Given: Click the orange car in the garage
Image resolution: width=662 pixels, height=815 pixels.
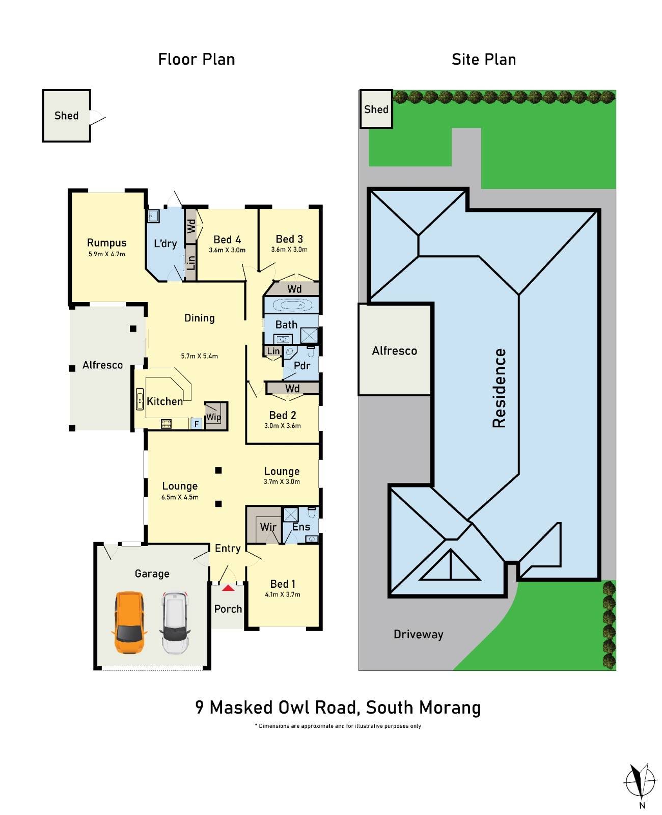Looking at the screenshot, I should pos(129,622).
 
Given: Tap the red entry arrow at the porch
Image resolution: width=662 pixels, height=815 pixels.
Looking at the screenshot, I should pos(228,588).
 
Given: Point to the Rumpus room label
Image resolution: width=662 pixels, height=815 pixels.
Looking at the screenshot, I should pos(106,243).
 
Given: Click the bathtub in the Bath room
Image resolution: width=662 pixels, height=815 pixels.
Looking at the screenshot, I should pos(291,306).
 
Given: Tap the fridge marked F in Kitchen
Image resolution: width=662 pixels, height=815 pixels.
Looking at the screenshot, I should pos(196,423).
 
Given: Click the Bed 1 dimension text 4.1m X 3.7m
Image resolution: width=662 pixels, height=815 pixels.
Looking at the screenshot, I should pos(283,594).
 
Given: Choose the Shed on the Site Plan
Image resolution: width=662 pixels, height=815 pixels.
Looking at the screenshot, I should pos(376,109).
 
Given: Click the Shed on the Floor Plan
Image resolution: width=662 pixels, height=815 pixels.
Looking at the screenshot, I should pos(66,116).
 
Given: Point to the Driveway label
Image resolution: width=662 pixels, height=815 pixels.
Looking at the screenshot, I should pos(418,634).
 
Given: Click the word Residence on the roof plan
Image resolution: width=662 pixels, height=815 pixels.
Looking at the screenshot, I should pos(499,388).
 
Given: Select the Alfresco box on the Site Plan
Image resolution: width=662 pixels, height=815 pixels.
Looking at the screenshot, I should pos(395,350).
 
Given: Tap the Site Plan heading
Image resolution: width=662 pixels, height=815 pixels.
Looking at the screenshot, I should pos(483,60).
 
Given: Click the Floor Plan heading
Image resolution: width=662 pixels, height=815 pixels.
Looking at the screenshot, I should pos(196,60).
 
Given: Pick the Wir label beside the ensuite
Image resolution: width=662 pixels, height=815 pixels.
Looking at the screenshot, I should pos(268,527).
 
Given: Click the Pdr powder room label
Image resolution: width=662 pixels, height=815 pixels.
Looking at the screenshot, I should pos(302,366).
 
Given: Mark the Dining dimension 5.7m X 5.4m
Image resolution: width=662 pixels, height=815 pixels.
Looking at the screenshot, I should pos(199,356).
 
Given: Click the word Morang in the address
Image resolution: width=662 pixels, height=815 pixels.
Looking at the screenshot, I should pos(451,708).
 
